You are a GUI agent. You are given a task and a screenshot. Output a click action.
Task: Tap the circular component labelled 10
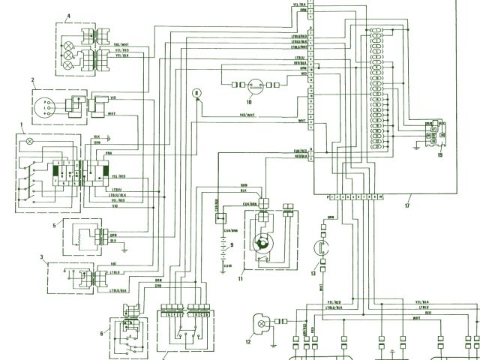click(255, 85)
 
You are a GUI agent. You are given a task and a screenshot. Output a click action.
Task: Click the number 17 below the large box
click(406, 205)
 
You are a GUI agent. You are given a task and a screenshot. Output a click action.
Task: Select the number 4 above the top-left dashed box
click(70, 16)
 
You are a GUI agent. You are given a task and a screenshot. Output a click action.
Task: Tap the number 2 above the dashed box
click(33, 80)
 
